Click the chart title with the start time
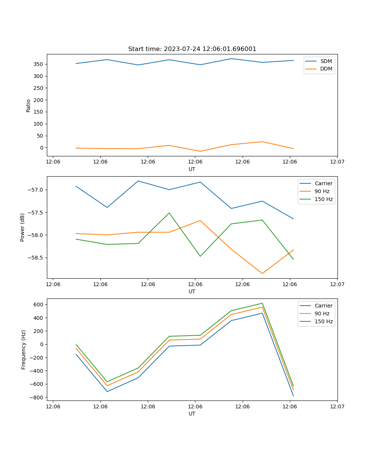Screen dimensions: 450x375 coord(192,49)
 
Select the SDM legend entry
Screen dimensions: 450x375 coord(326,61)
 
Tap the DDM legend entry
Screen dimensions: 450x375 coord(326,69)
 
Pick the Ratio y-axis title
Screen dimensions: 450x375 coord(28,105)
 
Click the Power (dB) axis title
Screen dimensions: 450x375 coord(23,227)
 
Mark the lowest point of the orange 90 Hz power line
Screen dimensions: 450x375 coord(262,273)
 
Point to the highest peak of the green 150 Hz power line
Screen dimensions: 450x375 coord(169,213)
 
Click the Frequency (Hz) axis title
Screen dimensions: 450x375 coord(24,349)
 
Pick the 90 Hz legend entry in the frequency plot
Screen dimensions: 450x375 coord(322,313)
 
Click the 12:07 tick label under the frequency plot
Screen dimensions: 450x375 coord(337,406)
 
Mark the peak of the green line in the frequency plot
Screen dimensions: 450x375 coord(262,303)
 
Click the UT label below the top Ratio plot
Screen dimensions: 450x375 coord(192,169)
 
